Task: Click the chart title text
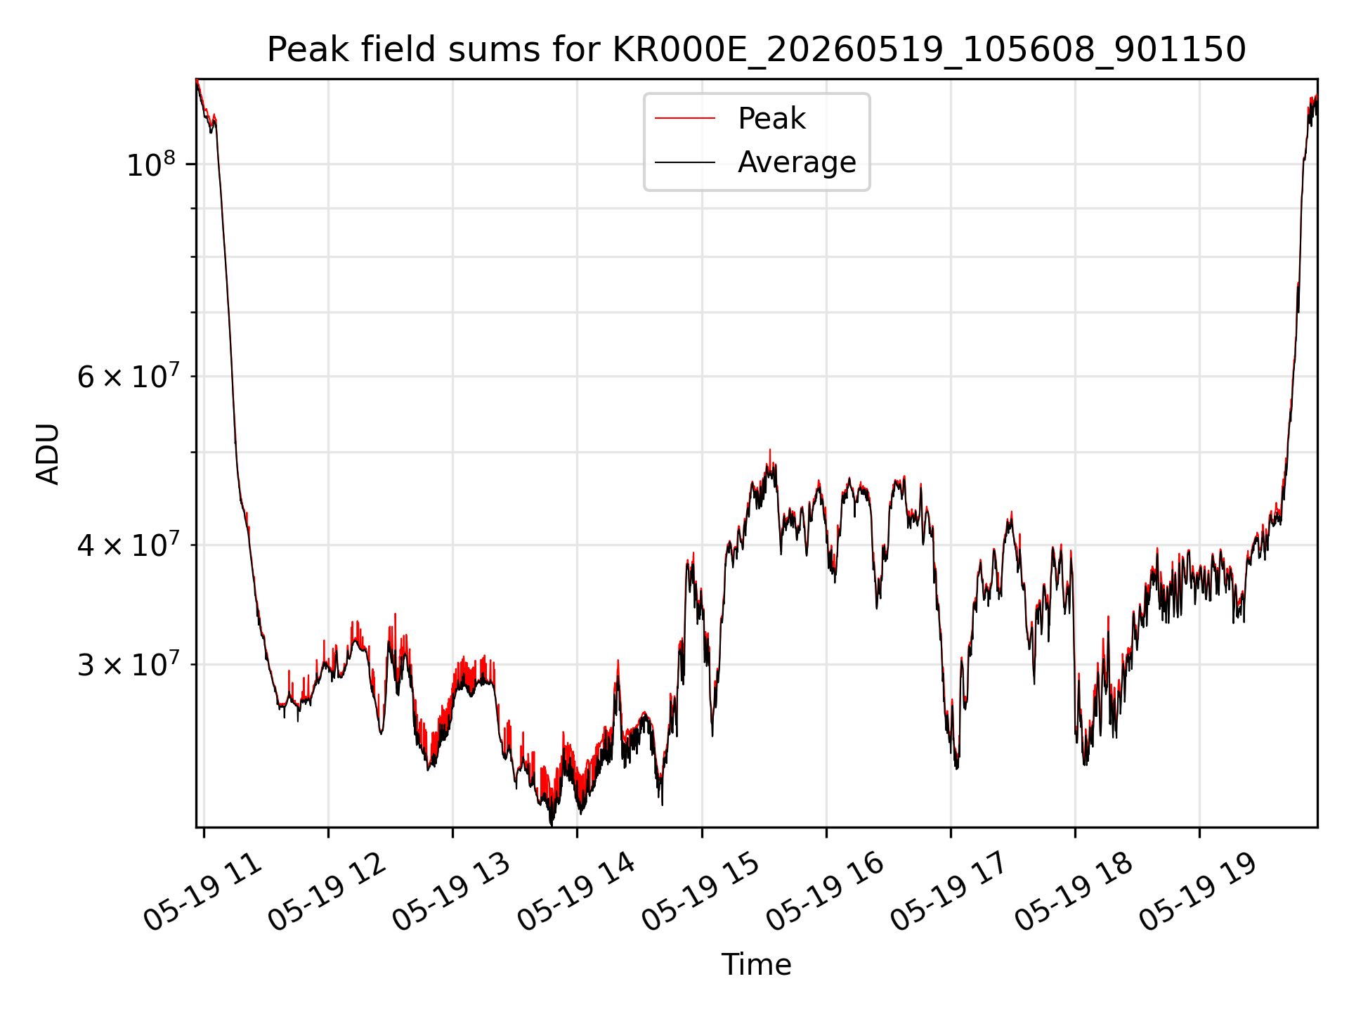(757, 50)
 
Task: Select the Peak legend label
(771, 119)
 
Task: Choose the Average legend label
(797, 162)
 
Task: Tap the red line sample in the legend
(685, 119)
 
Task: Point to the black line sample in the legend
(685, 162)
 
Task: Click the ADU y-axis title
(48, 454)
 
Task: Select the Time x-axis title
(757, 965)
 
